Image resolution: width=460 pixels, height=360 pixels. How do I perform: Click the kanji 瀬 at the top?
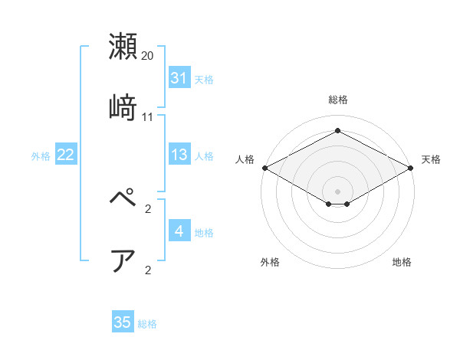click(x=123, y=47)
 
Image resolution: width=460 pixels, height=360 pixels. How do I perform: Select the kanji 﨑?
click(x=123, y=107)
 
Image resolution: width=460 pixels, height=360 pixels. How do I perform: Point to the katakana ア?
click(x=123, y=260)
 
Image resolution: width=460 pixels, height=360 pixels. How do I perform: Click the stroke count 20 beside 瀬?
click(x=148, y=56)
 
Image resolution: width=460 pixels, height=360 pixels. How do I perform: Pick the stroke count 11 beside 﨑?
click(x=148, y=116)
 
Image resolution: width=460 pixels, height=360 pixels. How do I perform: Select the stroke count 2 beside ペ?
click(x=148, y=209)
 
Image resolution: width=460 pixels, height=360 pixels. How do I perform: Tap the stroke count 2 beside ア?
click(x=148, y=270)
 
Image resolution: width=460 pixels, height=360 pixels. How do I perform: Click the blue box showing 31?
click(x=179, y=78)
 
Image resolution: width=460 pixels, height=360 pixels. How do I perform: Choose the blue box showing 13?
click(x=179, y=155)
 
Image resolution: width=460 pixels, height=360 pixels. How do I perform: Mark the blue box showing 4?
click(x=179, y=231)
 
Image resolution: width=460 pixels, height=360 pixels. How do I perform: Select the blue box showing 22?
click(x=66, y=155)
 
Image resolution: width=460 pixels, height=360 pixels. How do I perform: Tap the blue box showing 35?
click(x=123, y=322)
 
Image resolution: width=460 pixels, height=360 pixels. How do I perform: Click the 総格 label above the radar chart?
click(x=337, y=100)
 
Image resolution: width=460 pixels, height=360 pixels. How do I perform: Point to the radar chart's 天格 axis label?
click(x=431, y=159)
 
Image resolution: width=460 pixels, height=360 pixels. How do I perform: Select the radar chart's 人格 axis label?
click(x=245, y=159)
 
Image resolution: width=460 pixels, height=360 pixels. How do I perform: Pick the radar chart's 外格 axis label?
click(x=270, y=262)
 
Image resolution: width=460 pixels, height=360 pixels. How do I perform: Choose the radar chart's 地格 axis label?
click(x=402, y=262)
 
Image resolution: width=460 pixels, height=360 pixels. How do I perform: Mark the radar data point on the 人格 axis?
click(x=264, y=167)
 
